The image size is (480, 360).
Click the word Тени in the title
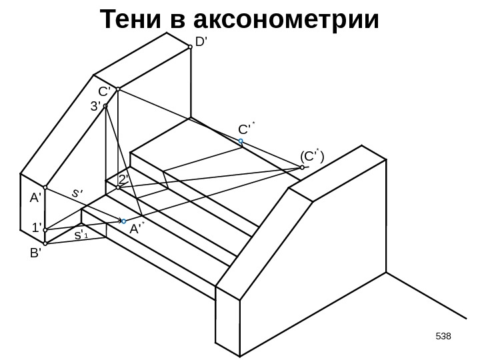pyautogui.click(x=131, y=21)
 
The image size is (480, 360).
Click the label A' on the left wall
pyautogui.click(x=35, y=198)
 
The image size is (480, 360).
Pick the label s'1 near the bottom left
pyautogui.click(x=81, y=236)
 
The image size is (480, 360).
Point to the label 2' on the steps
pyautogui.click(x=123, y=179)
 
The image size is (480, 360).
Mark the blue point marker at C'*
pyautogui.click(x=241, y=141)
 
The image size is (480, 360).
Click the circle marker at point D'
pyautogui.click(x=191, y=46)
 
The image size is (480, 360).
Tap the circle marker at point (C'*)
pyautogui.click(x=302, y=169)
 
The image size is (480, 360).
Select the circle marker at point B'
pyautogui.click(x=46, y=243)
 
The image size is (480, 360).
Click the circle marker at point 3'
pyautogui.click(x=106, y=105)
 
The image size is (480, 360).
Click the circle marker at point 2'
pyautogui.click(x=118, y=188)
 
